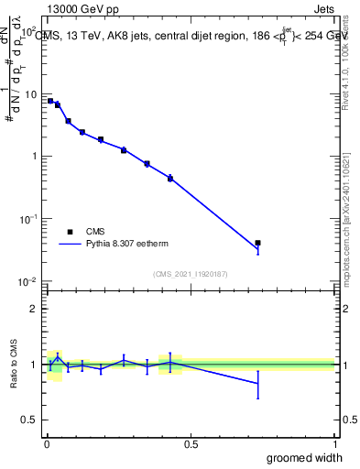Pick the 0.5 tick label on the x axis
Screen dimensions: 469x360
191,443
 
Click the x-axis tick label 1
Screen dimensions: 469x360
334,443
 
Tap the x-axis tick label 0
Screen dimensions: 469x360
47,443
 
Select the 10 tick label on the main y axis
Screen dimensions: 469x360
30,94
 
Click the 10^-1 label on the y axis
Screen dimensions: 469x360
28,219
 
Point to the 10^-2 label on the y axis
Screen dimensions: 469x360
28,281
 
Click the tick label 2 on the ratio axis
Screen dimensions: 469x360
35,309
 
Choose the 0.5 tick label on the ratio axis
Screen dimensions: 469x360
30,420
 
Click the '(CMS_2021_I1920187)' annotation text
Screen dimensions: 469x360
191,274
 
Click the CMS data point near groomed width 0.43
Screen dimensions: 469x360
170,178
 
